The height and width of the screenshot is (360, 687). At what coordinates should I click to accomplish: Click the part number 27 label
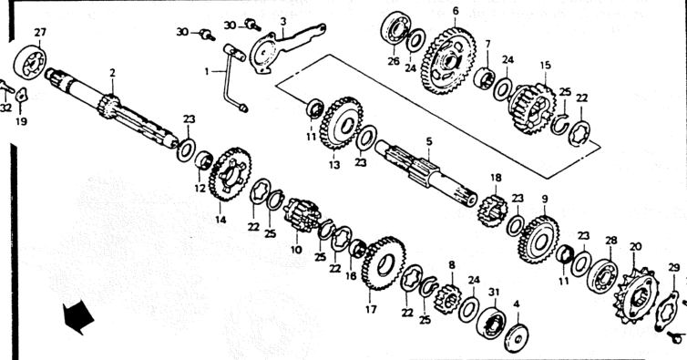click(40, 33)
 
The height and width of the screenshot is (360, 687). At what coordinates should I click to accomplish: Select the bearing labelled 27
click(29, 62)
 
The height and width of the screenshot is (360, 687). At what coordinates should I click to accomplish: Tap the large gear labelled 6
click(448, 60)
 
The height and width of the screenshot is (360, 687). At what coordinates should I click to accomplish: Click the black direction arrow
click(78, 317)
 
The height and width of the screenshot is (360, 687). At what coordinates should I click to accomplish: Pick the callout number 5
click(429, 141)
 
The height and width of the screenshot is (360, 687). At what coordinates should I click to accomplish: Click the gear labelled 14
click(230, 174)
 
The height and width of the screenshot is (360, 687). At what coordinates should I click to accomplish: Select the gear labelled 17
click(384, 263)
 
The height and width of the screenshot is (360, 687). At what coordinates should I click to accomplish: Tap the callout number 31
click(494, 292)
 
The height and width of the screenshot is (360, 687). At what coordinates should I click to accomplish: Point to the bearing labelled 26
click(395, 29)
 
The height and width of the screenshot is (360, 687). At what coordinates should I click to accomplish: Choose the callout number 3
click(283, 21)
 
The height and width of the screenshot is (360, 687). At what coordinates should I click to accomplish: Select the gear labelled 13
click(342, 124)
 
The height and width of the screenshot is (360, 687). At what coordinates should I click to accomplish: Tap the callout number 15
click(545, 66)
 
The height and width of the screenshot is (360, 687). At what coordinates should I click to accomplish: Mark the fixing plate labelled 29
click(668, 311)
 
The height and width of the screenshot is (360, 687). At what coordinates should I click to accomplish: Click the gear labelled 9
click(538, 240)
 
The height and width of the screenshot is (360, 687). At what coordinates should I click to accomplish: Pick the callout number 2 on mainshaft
click(112, 73)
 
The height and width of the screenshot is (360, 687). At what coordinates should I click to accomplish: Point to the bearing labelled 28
click(602, 276)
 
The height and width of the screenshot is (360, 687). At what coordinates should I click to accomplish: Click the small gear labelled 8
click(446, 299)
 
